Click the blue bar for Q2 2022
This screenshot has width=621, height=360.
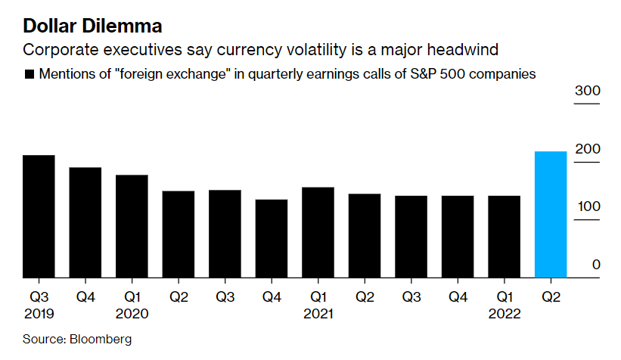(x=551, y=215)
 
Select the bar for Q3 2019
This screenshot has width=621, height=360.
(x=39, y=216)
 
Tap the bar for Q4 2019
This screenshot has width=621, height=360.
(x=85, y=222)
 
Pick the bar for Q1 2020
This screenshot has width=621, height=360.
(x=132, y=226)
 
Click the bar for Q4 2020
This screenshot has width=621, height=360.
(x=272, y=238)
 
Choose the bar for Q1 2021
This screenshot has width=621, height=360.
(x=318, y=232)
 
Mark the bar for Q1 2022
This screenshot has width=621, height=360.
(x=504, y=237)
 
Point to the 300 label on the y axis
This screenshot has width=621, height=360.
(x=587, y=92)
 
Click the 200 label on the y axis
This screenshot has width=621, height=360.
(x=587, y=149)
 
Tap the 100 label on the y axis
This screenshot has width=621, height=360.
(x=587, y=207)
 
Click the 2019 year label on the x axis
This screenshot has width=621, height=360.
(x=39, y=313)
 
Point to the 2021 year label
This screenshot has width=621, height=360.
(x=318, y=313)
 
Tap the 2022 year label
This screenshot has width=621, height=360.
(x=504, y=313)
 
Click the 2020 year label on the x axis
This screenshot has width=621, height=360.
(x=132, y=313)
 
